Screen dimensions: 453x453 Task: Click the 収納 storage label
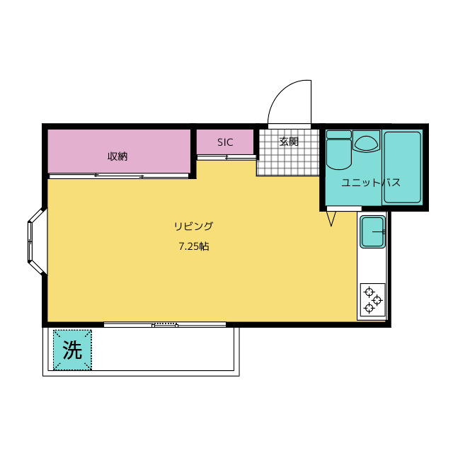117,156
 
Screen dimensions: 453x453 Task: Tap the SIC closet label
225,142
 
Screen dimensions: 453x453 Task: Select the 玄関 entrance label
289,142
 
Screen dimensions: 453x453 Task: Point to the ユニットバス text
370,183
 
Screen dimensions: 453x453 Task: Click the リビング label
193,226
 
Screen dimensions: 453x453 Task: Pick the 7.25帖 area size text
193,247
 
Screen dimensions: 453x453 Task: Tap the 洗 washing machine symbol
72,350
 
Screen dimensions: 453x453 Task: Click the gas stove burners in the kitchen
372,299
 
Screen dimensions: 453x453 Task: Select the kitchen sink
372,232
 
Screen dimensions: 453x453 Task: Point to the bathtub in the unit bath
402,168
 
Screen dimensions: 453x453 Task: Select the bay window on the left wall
35,241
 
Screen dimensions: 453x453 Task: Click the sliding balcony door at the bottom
165,325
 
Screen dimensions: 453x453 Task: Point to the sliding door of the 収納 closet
118,176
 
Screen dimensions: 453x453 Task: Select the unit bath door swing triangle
331,219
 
